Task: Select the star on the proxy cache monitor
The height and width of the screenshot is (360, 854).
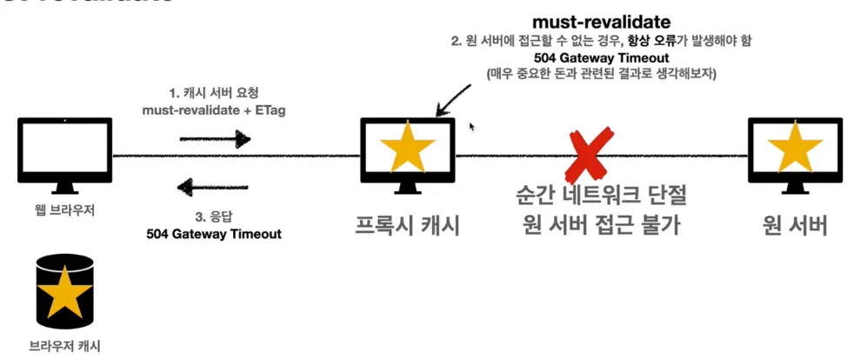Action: click(x=408, y=150)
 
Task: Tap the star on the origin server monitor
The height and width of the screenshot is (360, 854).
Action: click(x=794, y=150)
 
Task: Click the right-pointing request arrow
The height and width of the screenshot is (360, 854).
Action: click(x=214, y=137)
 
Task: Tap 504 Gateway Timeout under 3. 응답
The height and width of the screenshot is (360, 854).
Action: click(x=214, y=233)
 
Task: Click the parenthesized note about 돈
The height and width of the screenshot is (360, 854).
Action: click(x=601, y=74)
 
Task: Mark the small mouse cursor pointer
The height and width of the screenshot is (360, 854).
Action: click(x=472, y=126)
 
